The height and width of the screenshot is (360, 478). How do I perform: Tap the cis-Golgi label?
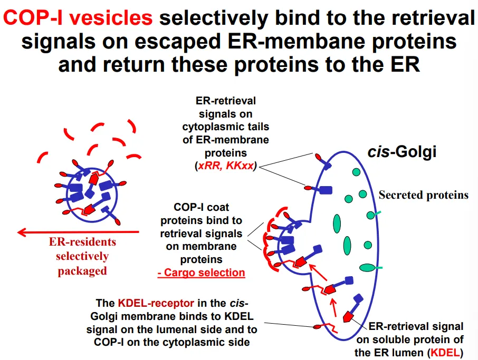click(x=402, y=153)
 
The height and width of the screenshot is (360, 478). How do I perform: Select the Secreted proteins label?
click(x=423, y=195)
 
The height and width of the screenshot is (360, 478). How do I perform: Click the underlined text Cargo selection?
click(x=201, y=273)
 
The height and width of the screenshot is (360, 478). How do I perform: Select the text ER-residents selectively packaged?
click(x=82, y=257)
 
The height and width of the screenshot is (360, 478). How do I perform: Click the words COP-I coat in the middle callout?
click(x=201, y=207)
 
